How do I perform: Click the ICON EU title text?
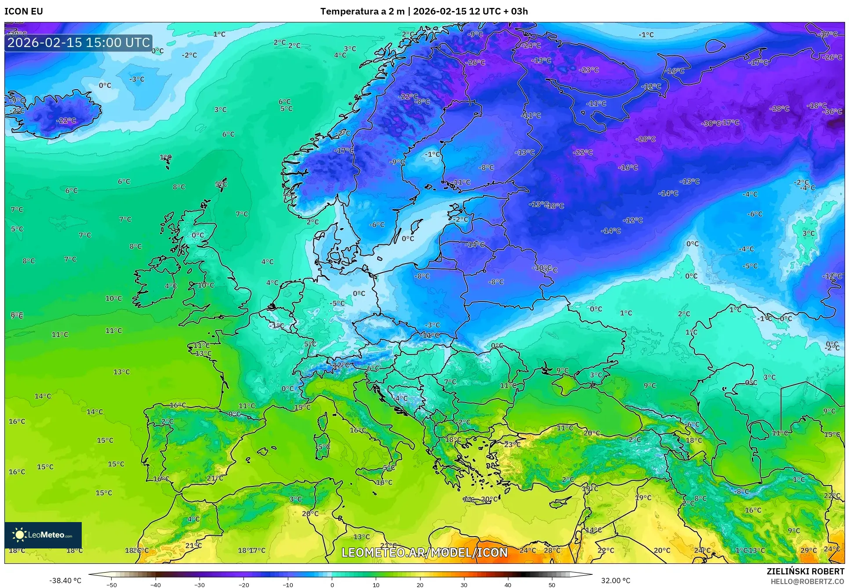pyautogui.click(x=24, y=11)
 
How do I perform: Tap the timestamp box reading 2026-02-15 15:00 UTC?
pyautogui.click(x=79, y=43)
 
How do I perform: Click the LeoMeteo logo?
pyautogui.click(x=43, y=535)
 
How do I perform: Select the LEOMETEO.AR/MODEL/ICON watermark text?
pyautogui.click(x=424, y=552)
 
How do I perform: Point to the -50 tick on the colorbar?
pyautogui.click(x=112, y=584)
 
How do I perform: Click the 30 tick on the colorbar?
pyautogui.click(x=464, y=584)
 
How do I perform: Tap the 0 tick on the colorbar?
pyautogui.click(x=332, y=584)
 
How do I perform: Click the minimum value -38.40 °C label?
pyautogui.click(x=65, y=581)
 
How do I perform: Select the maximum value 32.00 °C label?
pyautogui.click(x=616, y=581)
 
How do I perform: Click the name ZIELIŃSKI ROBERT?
pyautogui.click(x=805, y=571)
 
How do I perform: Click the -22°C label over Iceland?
pyautogui.click(x=66, y=120)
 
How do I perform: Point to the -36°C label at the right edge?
pyautogui.click(x=832, y=112)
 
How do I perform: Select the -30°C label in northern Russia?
pyautogui.click(x=711, y=123)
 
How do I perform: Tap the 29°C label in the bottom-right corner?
pyautogui.click(x=809, y=550)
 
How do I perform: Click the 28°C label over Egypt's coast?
pyautogui.click(x=552, y=550)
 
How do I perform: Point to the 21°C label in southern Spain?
pyautogui.click(x=215, y=478)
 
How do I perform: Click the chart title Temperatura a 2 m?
pyautogui.click(x=362, y=11)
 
